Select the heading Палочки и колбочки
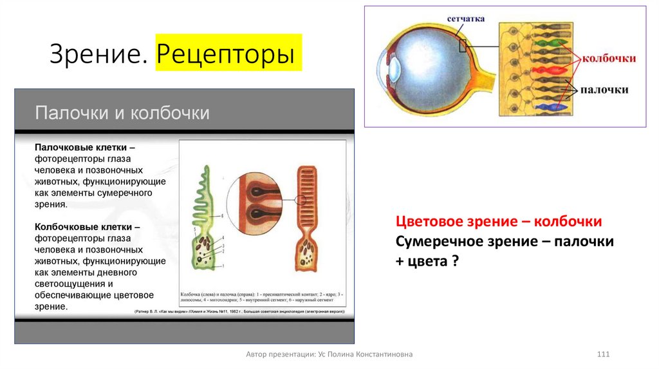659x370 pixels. click(122, 113)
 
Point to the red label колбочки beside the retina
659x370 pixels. click(609, 58)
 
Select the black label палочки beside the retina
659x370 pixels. click(605, 90)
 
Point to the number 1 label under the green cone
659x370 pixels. click(222, 266)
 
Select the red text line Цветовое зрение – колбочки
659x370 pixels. click(499, 222)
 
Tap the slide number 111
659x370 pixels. click(604, 355)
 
